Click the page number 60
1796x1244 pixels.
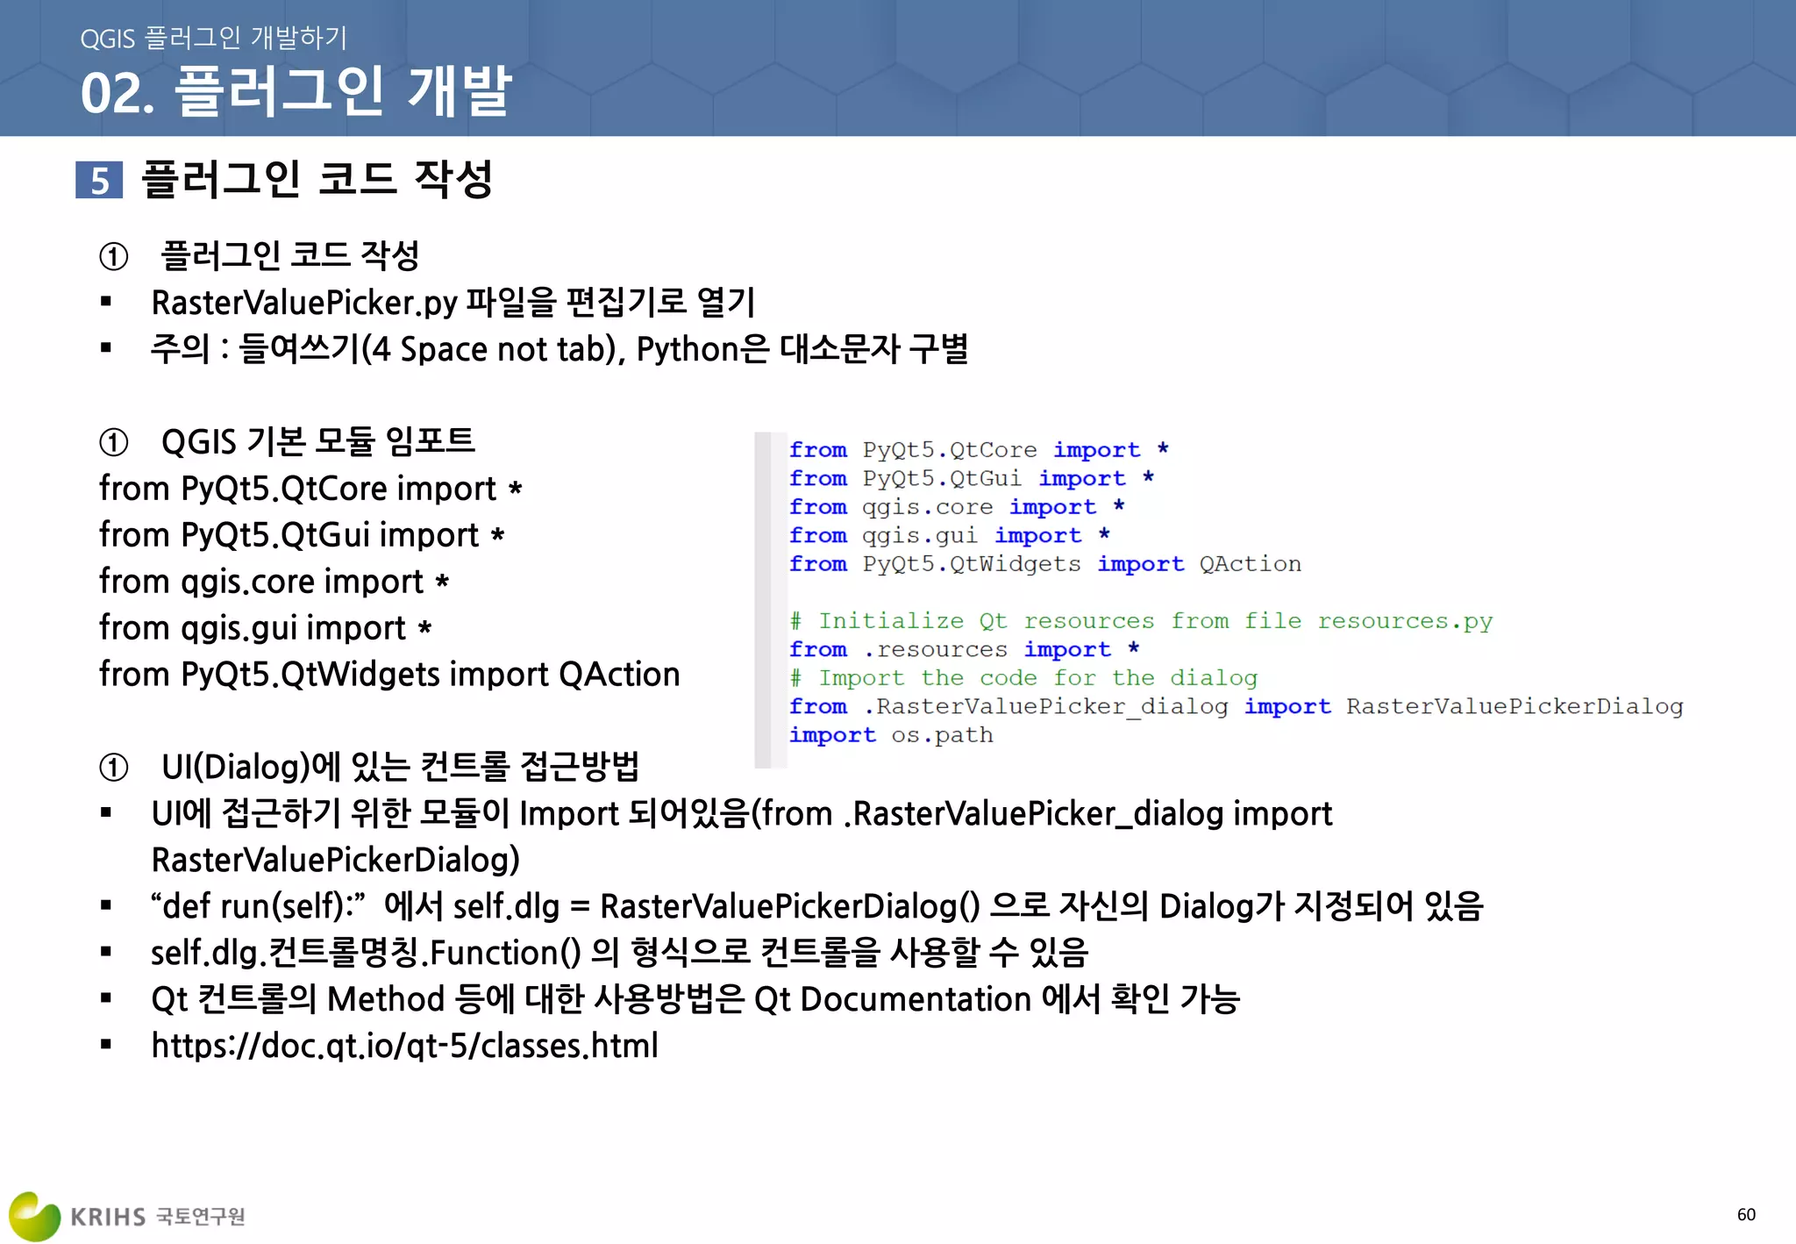pyautogui.click(x=1745, y=1214)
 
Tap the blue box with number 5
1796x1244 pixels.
pyautogui.click(x=99, y=181)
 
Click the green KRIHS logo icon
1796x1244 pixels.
pyautogui.click(x=34, y=1216)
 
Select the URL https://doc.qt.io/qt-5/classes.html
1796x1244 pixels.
pyautogui.click(x=404, y=1046)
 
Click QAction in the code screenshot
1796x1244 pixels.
pyautogui.click(x=1250, y=564)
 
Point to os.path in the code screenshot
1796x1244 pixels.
pyautogui.click(x=942, y=735)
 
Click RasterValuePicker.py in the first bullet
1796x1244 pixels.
pyautogui.click(x=304, y=303)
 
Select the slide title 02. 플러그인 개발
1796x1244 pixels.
pyautogui.click(x=296, y=91)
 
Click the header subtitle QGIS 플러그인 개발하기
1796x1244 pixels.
pyautogui.click(x=213, y=38)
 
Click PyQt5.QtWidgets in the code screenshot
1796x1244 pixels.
pyautogui.click(x=971, y=564)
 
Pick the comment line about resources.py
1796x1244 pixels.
pyautogui.click(x=1140, y=621)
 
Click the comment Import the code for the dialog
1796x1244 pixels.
pyautogui.click(x=1023, y=678)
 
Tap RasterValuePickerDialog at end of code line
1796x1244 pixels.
pyautogui.click(x=1514, y=707)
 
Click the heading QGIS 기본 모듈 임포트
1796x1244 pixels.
pyautogui.click(x=317, y=441)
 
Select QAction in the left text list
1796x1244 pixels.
pyautogui.click(x=619, y=675)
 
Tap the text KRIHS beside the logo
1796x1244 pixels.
pyautogui.click(x=108, y=1217)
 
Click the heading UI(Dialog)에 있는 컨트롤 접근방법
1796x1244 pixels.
pyautogui.click(x=400, y=767)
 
